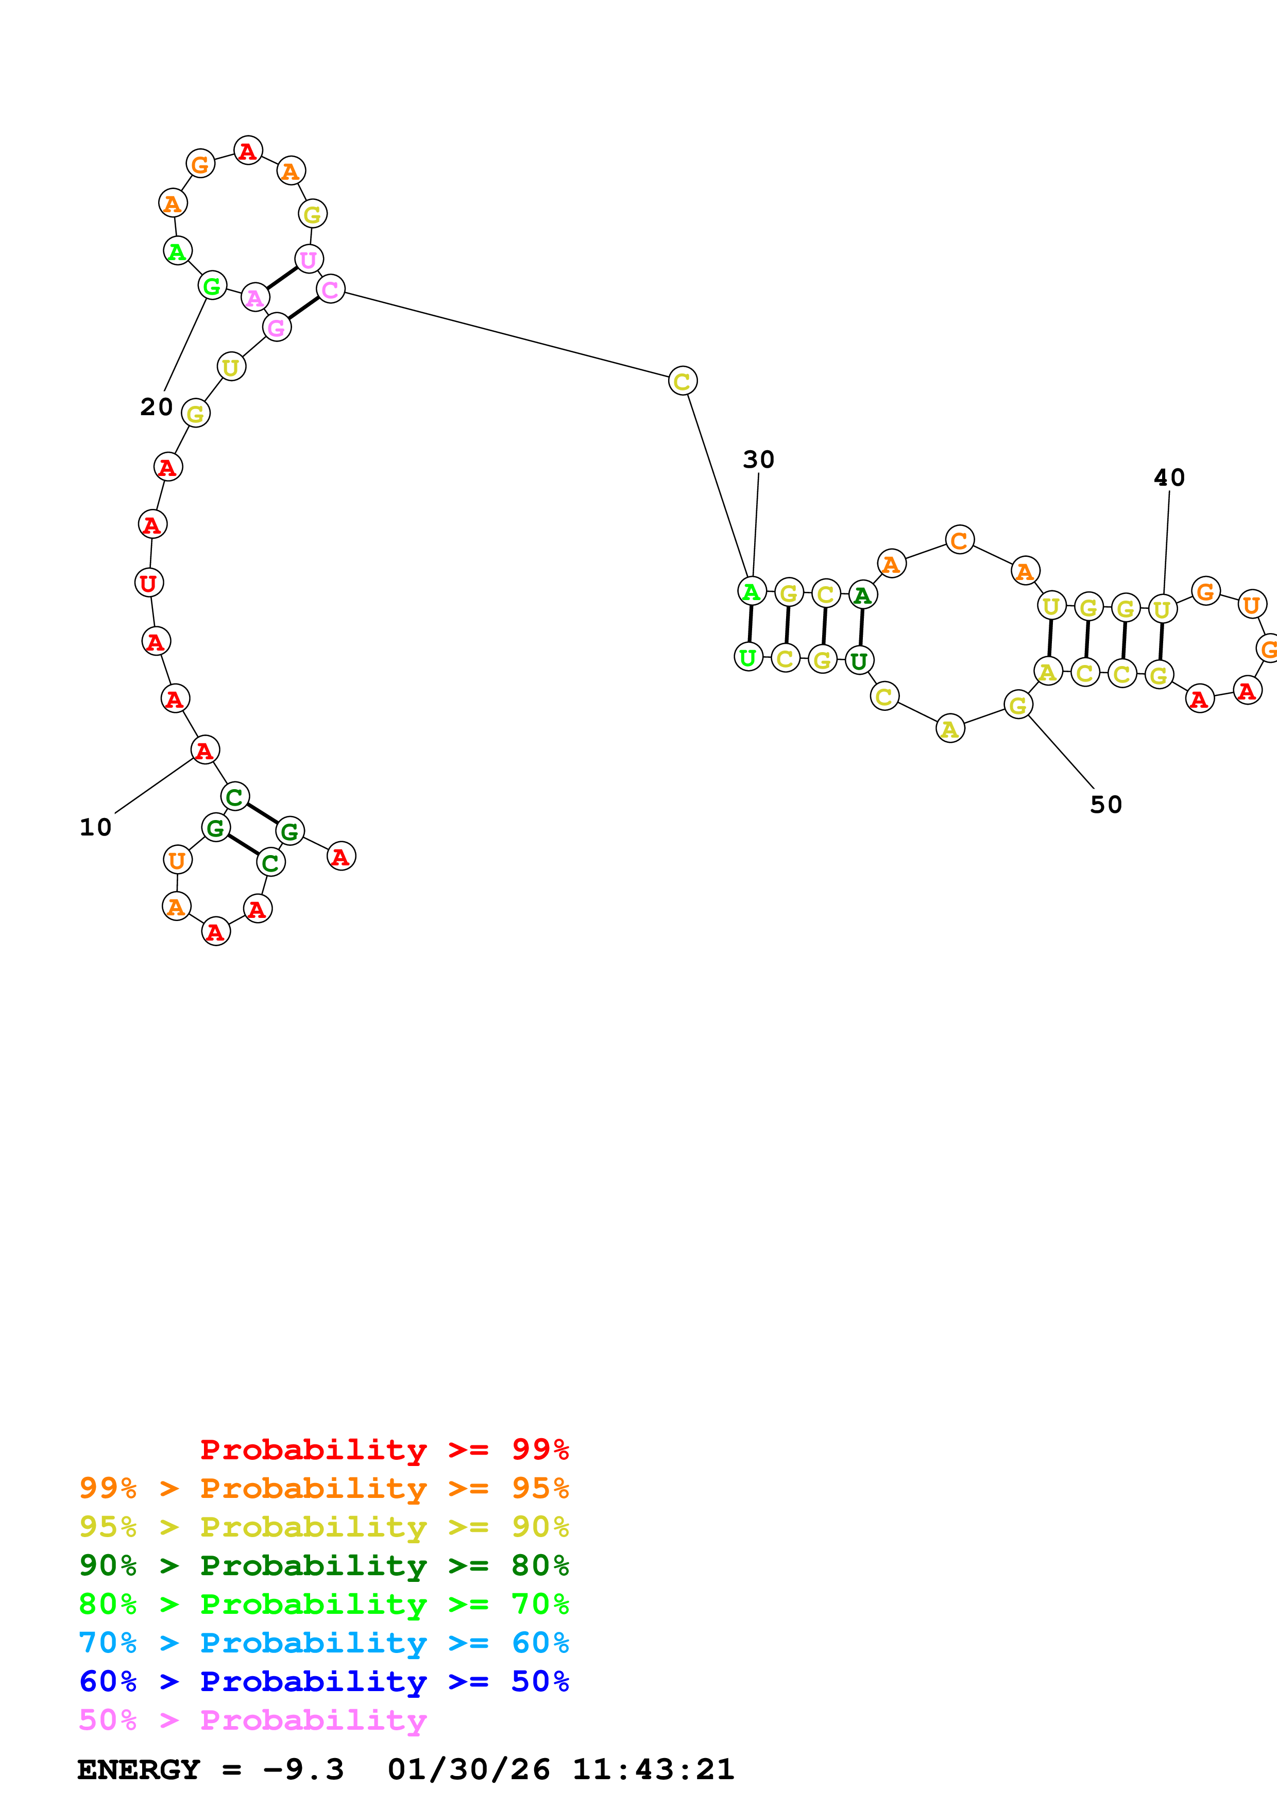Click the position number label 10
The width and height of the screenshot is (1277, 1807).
tap(95, 827)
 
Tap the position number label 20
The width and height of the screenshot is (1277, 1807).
tap(156, 407)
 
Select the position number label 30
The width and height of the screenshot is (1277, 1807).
tap(758, 459)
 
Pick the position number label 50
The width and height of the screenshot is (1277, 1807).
tap(1105, 804)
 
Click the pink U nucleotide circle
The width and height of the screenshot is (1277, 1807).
tap(309, 259)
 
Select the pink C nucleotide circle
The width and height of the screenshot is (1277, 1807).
tap(331, 289)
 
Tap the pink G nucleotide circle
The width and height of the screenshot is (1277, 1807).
tap(276, 328)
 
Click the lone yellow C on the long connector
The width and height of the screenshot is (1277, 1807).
tap(682, 381)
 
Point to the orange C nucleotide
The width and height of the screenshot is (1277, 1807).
tap(959, 540)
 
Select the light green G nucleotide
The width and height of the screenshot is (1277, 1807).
tap(212, 286)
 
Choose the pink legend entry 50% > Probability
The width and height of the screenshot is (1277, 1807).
tap(252, 1720)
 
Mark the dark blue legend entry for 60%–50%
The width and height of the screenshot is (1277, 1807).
tap(323, 1682)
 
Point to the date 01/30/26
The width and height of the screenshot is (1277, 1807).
tap(468, 1770)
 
